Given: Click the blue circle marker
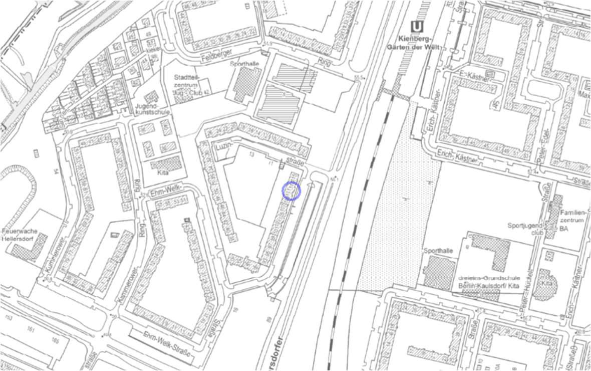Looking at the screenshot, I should click(x=291, y=191).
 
